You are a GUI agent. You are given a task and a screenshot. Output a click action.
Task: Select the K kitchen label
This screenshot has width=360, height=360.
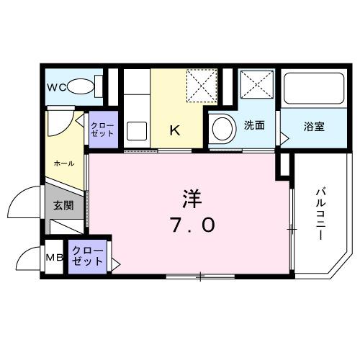[x=174, y=130]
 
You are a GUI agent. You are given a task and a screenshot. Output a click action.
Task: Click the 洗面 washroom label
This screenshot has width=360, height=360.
[x=253, y=125]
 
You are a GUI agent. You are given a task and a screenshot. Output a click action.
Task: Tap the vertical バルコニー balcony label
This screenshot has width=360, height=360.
[x=321, y=214]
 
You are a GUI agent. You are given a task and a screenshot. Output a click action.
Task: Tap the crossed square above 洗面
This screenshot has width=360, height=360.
[x=256, y=86]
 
